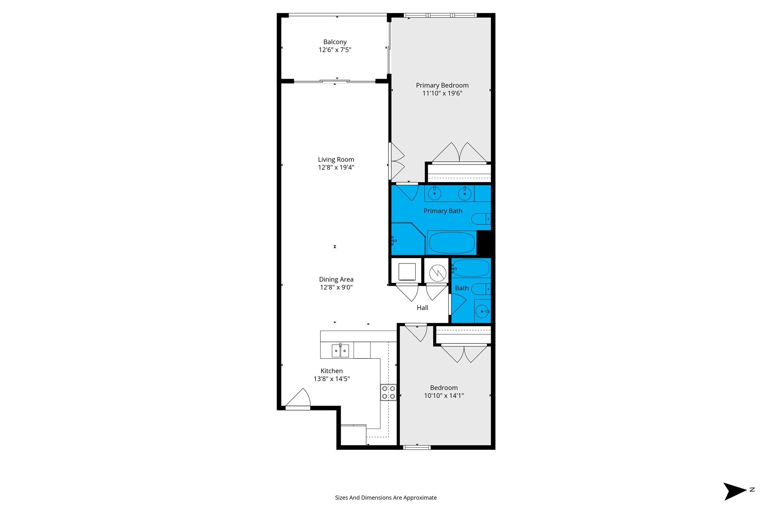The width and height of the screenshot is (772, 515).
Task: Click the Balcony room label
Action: tap(335, 42)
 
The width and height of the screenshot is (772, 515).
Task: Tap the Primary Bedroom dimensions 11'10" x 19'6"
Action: tap(442, 93)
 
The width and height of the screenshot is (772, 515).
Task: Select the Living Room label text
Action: tap(336, 159)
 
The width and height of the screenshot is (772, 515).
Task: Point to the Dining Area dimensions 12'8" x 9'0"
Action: tap(336, 287)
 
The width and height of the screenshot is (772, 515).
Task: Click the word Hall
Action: tap(422, 308)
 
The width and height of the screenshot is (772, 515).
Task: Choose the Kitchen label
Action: tap(332, 371)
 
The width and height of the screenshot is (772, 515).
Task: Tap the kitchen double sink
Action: tap(340, 351)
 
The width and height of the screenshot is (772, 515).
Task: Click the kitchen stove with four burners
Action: tap(388, 392)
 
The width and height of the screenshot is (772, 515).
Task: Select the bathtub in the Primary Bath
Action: tap(452, 243)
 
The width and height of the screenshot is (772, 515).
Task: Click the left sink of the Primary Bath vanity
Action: tap(435, 193)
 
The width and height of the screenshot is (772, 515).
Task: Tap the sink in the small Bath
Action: tap(482, 311)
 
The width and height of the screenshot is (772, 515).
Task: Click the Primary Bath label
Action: tap(443, 211)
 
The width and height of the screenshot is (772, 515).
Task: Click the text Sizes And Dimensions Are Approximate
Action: tap(386, 498)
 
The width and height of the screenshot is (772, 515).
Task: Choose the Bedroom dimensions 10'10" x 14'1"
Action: tap(444, 395)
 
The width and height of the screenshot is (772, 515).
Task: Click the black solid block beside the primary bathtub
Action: tap(484, 243)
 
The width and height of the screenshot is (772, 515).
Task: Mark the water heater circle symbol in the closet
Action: tap(438, 272)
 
